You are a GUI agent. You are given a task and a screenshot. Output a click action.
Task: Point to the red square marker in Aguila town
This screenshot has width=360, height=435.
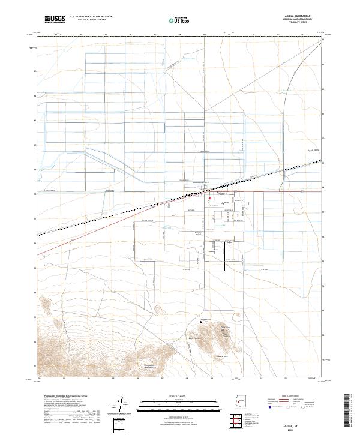(210, 199)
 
